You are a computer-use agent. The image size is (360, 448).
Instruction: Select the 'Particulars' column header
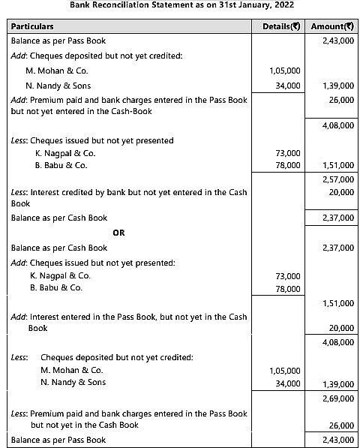point(35,26)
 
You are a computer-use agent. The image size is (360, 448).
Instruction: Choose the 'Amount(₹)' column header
point(331,26)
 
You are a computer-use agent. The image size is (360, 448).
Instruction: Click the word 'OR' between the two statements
point(118,233)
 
